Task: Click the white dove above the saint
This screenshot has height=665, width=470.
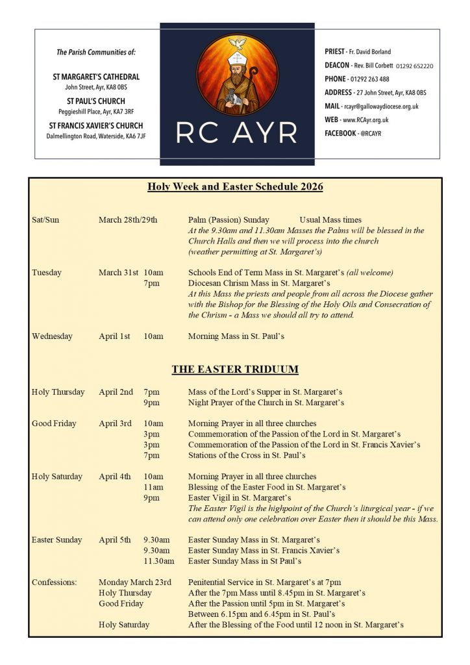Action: click(238, 44)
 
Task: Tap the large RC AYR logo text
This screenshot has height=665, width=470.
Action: click(238, 132)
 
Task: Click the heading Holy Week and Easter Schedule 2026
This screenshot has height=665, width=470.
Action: click(235, 187)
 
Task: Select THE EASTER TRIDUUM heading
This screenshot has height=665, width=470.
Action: click(235, 370)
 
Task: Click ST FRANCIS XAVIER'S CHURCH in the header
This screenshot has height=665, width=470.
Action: click(96, 126)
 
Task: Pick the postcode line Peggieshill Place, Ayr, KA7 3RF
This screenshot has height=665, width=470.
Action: click(96, 112)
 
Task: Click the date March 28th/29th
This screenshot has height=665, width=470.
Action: click(128, 220)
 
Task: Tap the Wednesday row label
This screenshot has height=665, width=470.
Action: click(52, 336)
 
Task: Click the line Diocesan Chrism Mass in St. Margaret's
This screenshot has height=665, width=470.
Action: click(259, 283)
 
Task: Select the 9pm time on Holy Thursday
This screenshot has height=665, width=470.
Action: click(151, 403)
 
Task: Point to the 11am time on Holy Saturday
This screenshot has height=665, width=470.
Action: click(154, 487)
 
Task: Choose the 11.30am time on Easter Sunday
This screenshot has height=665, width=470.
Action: click(159, 561)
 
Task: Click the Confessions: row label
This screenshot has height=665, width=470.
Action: click(55, 583)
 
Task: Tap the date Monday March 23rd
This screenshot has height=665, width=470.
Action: click(135, 583)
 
